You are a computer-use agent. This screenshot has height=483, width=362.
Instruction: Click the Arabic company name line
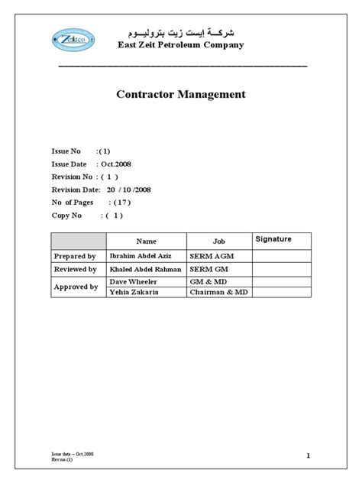tap(180, 33)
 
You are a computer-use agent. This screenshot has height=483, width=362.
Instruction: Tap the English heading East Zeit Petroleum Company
tap(180, 46)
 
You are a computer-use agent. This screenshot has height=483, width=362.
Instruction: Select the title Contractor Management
tap(180, 95)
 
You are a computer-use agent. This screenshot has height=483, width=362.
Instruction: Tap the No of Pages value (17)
tap(121, 203)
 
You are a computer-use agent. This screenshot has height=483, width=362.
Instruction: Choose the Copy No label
tap(66, 216)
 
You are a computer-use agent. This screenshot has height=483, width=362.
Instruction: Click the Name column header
tap(146, 241)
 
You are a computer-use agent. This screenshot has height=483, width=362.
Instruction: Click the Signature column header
tap(273, 239)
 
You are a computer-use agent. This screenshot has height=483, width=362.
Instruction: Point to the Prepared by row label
tap(74, 256)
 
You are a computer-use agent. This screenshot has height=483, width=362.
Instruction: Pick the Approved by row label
tap(75, 287)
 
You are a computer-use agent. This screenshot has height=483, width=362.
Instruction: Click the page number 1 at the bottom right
tap(307, 456)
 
